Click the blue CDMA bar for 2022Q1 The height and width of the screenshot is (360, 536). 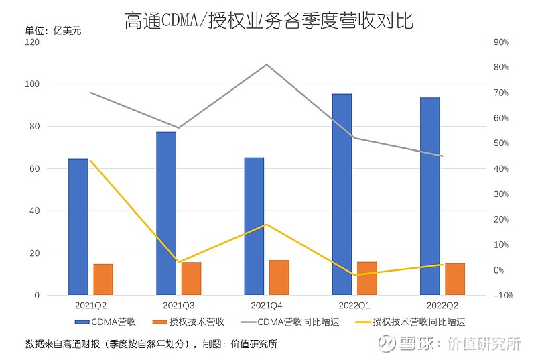(x=342, y=194)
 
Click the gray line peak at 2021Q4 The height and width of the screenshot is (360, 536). (x=266, y=64)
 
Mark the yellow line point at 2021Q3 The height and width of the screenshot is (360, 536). (x=178, y=262)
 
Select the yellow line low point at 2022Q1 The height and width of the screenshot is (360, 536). (x=354, y=275)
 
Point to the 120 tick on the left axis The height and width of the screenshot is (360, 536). (x=33, y=42)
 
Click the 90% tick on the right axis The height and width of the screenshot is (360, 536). (x=500, y=42)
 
